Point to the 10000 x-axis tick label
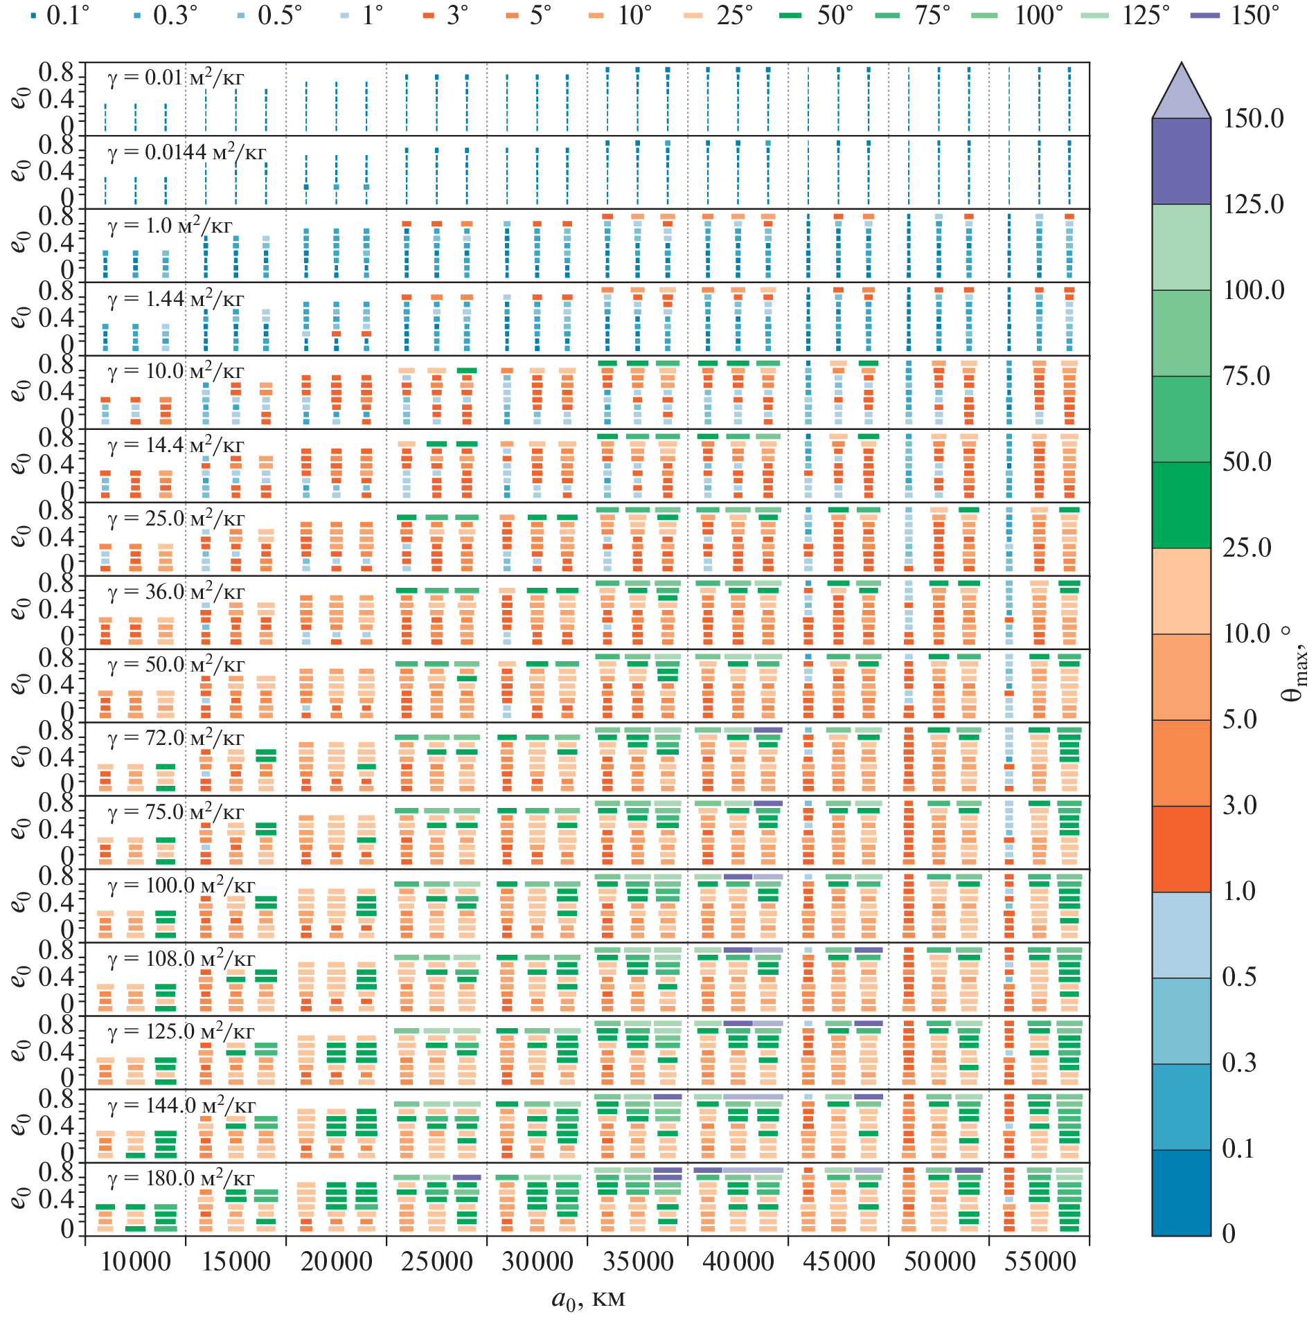[x=135, y=1261]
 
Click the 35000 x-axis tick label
[x=637, y=1261]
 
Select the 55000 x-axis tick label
[x=1040, y=1261]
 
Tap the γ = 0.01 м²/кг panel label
[x=176, y=78]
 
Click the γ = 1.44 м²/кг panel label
[x=176, y=299]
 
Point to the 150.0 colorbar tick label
[x=1253, y=118]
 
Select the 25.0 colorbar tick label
[x=1247, y=548]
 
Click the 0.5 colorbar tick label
[x=1240, y=977]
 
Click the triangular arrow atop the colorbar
[x=1182, y=93]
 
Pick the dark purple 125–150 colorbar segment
[x=1182, y=161]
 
